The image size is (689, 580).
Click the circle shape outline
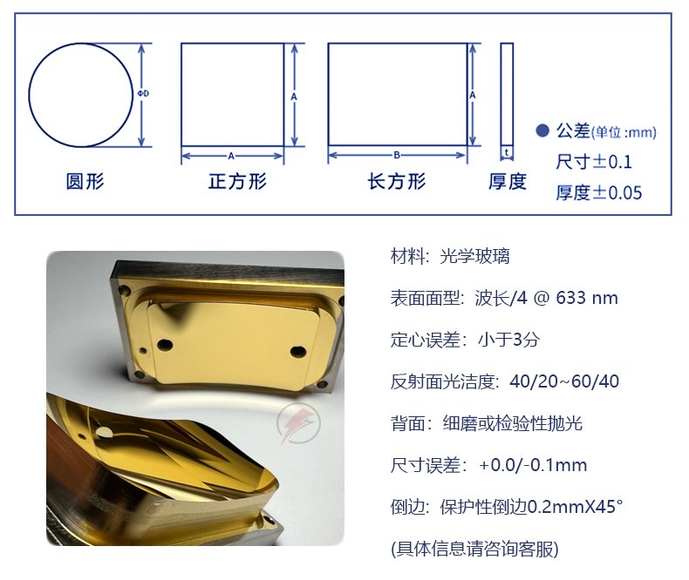[x=30, y=95]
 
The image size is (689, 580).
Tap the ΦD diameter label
[x=143, y=93]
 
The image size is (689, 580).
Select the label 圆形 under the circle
[x=85, y=181]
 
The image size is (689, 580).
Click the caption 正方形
[x=237, y=181]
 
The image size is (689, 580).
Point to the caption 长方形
[x=397, y=181]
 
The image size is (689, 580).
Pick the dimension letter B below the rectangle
[x=397, y=155]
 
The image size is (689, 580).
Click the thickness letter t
[x=507, y=152]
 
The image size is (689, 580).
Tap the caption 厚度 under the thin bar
[x=508, y=181]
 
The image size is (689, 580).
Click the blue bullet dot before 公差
[x=542, y=131]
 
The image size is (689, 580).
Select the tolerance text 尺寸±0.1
[x=594, y=162]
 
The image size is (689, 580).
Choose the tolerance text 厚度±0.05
[x=599, y=192]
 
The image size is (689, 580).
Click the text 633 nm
[x=587, y=298]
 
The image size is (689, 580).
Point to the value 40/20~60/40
[x=564, y=381]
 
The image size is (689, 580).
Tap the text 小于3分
[x=508, y=340]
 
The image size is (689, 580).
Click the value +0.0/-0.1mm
[x=533, y=465]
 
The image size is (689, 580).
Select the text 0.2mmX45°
[x=575, y=507]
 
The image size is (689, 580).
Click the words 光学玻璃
[x=474, y=256]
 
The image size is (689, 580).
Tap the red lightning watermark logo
[x=298, y=423]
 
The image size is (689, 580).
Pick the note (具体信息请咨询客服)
[x=474, y=549]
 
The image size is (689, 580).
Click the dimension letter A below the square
[x=231, y=156]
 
